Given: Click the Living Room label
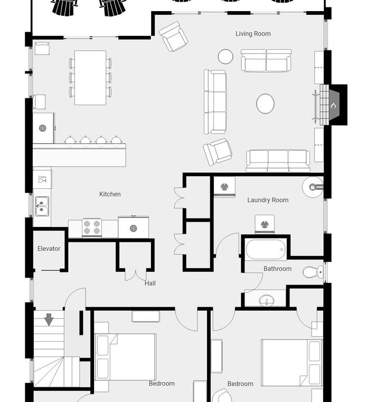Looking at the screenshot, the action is pyautogui.click(x=253, y=33).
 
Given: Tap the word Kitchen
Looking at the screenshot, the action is pyautogui.click(x=110, y=194).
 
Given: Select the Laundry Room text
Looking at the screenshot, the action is pyautogui.click(x=268, y=200).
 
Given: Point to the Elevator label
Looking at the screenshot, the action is pyautogui.click(x=49, y=249).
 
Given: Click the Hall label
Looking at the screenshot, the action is pyautogui.click(x=150, y=284).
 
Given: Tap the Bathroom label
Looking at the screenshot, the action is pyautogui.click(x=277, y=269).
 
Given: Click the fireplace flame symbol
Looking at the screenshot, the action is pyautogui.click(x=333, y=105).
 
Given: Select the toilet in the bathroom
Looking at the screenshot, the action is pyautogui.click(x=313, y=272).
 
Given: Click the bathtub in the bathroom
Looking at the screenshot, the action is pyautogui.click(x=266, y=250).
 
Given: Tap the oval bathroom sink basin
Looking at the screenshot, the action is pyautogui.click(x=267, y=300).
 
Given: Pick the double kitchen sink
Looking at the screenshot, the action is pyautogui.click(x=42, y=206).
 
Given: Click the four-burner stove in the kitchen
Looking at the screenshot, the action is pyautogui.click(x=91, y=227).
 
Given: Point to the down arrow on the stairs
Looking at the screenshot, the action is pyautogui.click(x=49, y=319).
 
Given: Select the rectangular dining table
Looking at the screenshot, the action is pyautogui.click(x=90, y=78).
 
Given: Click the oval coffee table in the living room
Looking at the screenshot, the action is pyautogui.click(x=266, y=104).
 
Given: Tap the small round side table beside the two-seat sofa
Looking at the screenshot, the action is pyautogui.click(x=226, y=57).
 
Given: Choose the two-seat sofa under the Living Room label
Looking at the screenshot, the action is pyautogui.click(x=266, y=60).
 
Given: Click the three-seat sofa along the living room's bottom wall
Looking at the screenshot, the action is pyautogui.click(x=278, y=161).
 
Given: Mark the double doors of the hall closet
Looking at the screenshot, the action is pyautogui.click(x=135, y=276).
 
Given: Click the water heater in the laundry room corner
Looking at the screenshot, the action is pyautogui.click(x=313, y=187).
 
